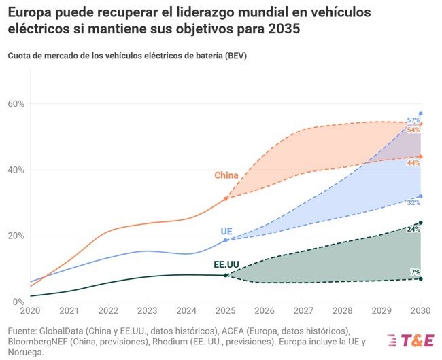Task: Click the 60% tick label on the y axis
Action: pos(16,104)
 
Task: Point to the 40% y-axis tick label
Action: pos(16,170)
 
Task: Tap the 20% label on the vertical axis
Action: pos(16,236)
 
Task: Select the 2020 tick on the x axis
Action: pos(30,311)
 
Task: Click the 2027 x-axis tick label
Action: pos(304,311)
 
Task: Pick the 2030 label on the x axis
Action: pos(420,311)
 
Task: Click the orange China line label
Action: pos(226,175)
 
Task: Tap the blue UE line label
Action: pos(226,232)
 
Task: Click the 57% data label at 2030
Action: pos(413,120)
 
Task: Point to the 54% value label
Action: pos(413,130)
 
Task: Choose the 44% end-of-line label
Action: pos(413,163)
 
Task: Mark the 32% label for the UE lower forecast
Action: pos(413,202)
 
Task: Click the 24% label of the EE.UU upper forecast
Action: pos(413,230)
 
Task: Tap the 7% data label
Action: pos(415,272)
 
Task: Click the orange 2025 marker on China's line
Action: pos(226,198)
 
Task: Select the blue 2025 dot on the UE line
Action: pos(226,240)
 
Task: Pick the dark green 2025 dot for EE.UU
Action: pos(226,275)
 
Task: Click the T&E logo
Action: pos(410,340)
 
